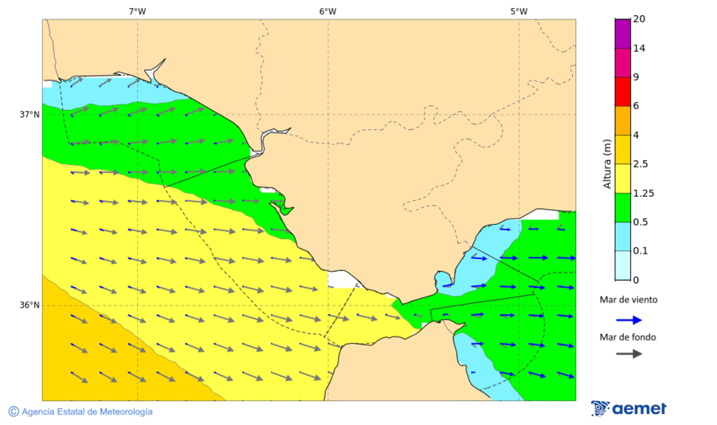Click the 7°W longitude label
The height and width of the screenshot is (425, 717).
pyautogui.click(x=137, y=11)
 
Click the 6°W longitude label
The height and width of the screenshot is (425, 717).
pyautogui.click(x=327, y=11)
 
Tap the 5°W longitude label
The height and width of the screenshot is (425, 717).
pyautogui.click(x=519, y=11)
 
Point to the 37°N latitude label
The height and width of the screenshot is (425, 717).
pyautogui.click(x=29, y=114)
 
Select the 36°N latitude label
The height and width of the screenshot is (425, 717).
pyautogui.click(x=29, y=305)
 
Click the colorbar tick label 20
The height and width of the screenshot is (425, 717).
pyautogui.click(x=639, y=19)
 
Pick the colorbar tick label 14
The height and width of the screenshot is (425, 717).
pyautogui.click(x=639, y=49)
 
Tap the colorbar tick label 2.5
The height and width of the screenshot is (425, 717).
pyautogui.click(x=641, y=164)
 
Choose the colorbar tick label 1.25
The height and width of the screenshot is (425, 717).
pyautogui.click(x=643, y=193)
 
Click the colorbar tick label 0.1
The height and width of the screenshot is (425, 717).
pyautogui.click(x=640, y=251)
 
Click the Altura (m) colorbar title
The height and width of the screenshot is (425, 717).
pyautogui.click(x=607, y=163)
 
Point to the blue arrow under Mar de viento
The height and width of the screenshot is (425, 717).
pyautogui.click(x=629, y=320)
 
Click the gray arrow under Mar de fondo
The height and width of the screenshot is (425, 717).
pyautogui.click(x=629, y=353)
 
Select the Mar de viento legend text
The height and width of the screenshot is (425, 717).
pyautogui.click(x=629, y=301)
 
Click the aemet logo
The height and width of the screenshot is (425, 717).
pyautogui.click(x=629, y=408)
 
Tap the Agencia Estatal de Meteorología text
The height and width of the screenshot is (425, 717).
pyautogui.click(x=87, y=411)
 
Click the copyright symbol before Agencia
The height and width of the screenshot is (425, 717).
pyautogui.click(x=14, y=411)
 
